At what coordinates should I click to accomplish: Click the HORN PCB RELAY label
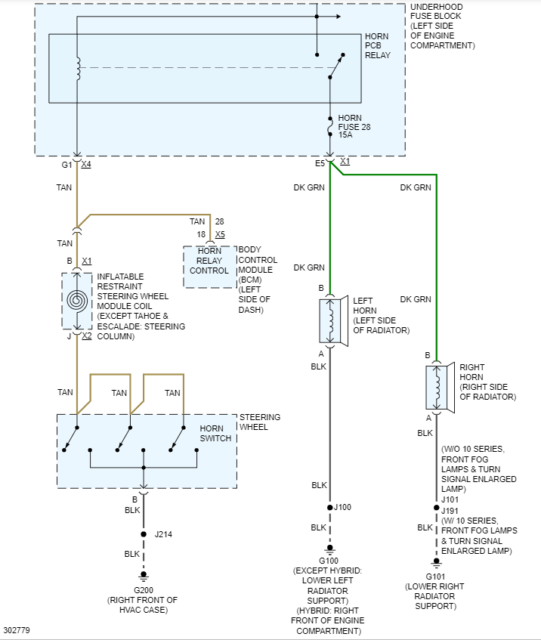pos(378,45)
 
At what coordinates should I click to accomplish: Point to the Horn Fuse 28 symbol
pos(330,126)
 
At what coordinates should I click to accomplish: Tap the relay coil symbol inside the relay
pos(78,69)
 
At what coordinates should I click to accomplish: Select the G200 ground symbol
pos(144,577)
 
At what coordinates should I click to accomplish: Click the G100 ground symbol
pos(330,549)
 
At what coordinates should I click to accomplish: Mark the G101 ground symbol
pos(437,563)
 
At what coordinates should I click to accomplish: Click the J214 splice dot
pos(144,534)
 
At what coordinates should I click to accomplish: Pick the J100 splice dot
pos(330,507)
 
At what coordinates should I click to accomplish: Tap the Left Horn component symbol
pos(333,321)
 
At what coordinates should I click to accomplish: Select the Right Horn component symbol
pos(441,388)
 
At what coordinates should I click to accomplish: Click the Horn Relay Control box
pos(210,267)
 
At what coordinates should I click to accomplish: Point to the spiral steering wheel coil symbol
pos(77,301)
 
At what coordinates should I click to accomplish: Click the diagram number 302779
pos(17,630)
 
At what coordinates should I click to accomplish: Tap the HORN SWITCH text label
pos(215,434)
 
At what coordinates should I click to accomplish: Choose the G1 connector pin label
pos(66,165)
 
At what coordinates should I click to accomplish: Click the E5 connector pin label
pos(320,164)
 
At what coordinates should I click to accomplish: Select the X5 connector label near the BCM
pos(220,234)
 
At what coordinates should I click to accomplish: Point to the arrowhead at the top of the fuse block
pos(339,17)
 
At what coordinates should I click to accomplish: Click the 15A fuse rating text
pos(345,134)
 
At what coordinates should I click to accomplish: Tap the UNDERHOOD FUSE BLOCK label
pos(443,26)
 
